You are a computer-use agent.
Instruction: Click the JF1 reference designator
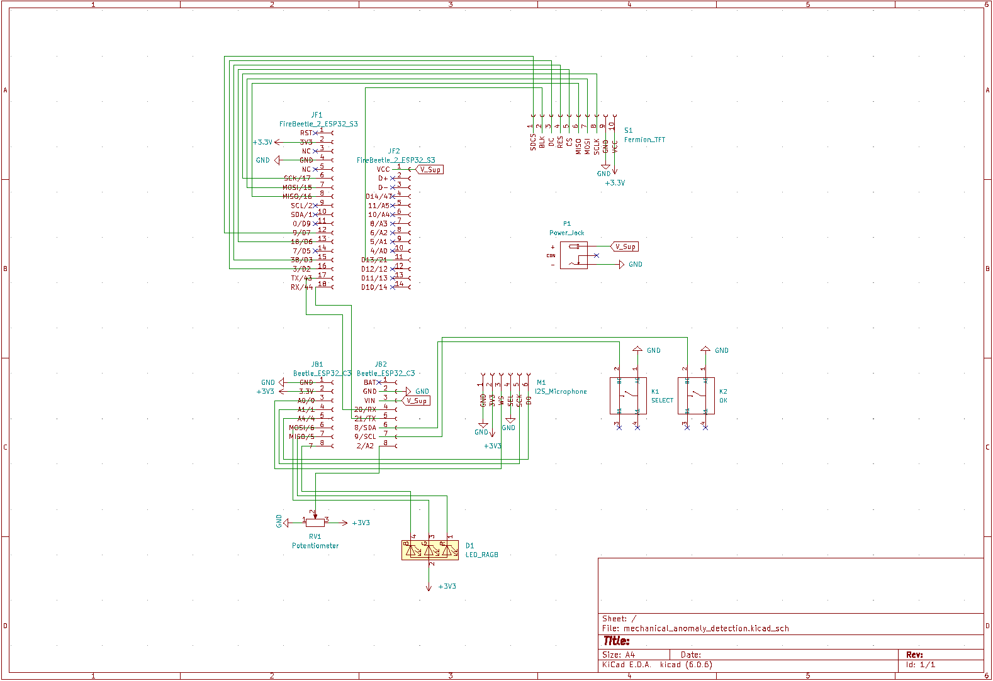[x=317, y=115]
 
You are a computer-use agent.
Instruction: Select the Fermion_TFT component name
[x=644, y=140]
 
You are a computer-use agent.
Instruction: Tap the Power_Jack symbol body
[x=573, y=255]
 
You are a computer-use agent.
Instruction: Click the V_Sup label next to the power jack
[x=625, y=246]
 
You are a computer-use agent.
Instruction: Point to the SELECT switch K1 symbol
[x=627, y=396]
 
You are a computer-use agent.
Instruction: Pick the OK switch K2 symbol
[x=695, y=396]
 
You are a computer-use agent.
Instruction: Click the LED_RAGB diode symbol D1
[x=430, y=550]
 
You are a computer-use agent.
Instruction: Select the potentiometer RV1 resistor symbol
[x=315, y=523]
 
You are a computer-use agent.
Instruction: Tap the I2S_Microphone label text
[x=561, y=391]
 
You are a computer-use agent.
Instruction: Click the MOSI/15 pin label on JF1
[x=297, y=187]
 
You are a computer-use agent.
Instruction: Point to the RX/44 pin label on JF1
[x=301, y=287]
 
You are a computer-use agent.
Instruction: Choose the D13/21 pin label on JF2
[x=374, y=260]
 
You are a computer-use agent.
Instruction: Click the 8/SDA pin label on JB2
[x=365, y=428]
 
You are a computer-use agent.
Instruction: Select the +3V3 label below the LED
[x=447, y=586]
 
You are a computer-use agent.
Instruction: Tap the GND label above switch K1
[x=653, y=350]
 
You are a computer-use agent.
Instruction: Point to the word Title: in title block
[x=616, y=641]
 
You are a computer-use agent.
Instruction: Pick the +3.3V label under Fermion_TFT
[x=615, y=183]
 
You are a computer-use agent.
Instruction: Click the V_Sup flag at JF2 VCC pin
[x=430, y=169]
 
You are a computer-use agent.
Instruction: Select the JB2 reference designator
[x=381, y=364]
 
